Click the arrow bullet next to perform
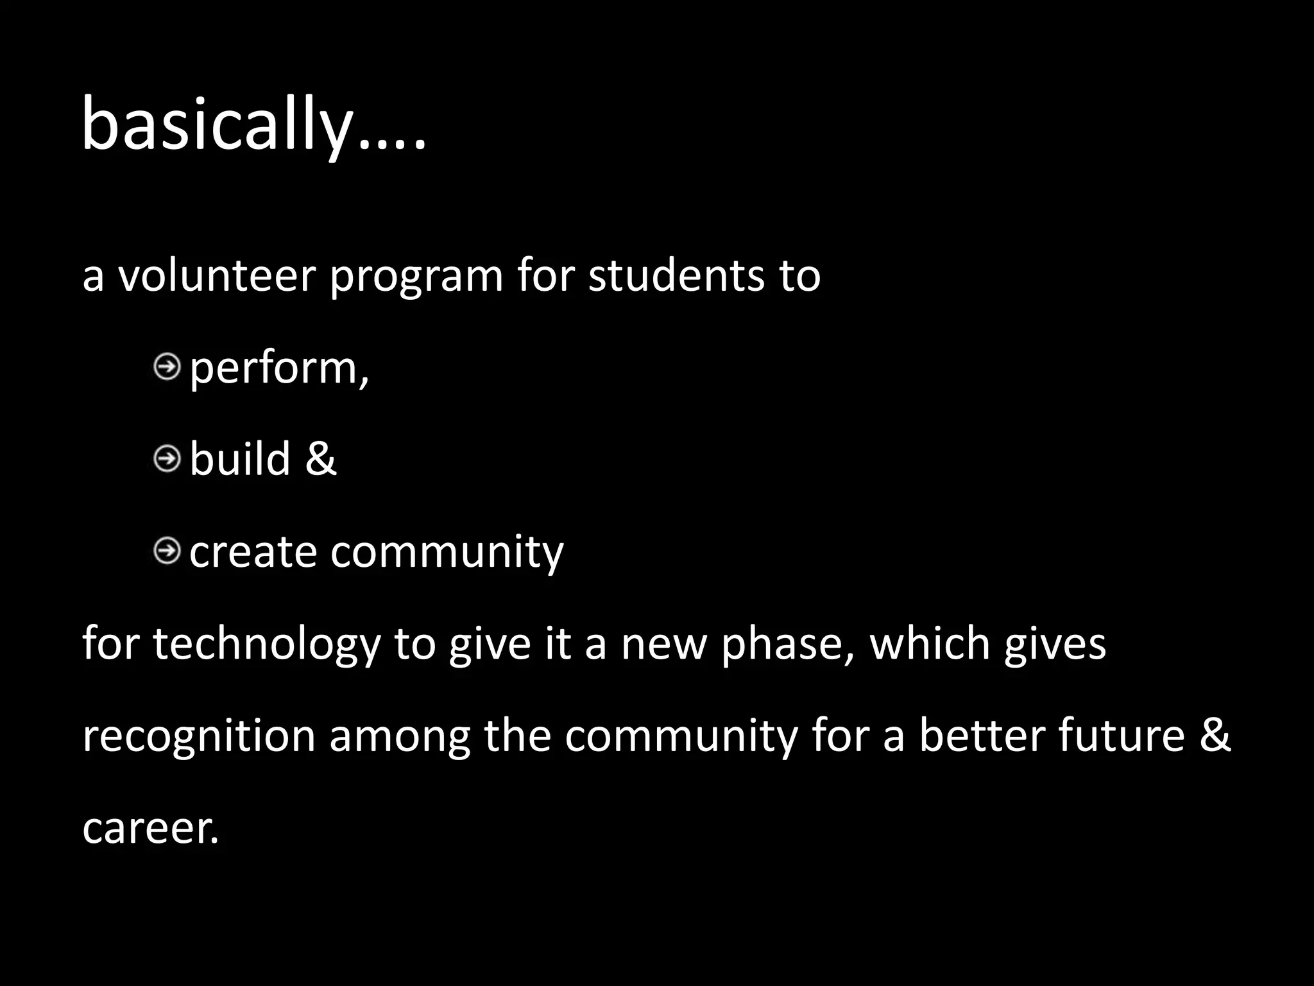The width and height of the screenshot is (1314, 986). [167, 368]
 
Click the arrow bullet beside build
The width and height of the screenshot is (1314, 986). [167, 460]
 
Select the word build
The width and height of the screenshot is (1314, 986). [239, 460]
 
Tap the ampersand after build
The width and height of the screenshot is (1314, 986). [320, 460]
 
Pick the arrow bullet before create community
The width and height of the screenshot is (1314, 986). [167, 551]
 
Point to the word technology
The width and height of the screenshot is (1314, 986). [266, 644]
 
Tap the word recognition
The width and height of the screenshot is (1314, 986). [199, 736]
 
